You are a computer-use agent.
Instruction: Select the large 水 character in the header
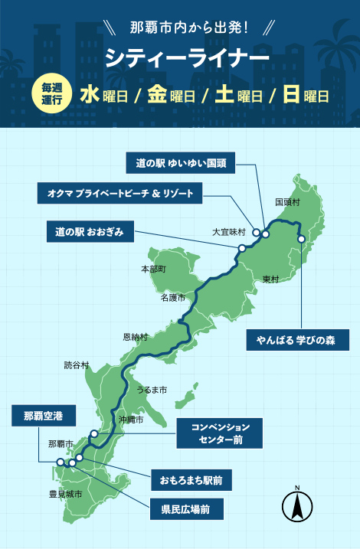[x=90, y=95]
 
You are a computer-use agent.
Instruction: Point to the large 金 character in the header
[x=157, y=95]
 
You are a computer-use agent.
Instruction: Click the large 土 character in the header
[x=224, y=95]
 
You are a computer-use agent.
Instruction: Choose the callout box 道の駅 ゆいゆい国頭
[x=182, y=163]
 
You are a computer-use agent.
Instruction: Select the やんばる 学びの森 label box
[x=291, y=339]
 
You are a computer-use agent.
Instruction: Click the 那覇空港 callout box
[x=43, y=417]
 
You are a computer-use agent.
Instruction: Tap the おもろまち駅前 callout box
[x=191, y=481]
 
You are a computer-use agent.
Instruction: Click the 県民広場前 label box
[x=186, y=507]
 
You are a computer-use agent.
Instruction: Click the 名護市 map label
[x=173, y=297]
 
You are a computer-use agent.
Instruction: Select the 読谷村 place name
[x=77, y=365]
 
